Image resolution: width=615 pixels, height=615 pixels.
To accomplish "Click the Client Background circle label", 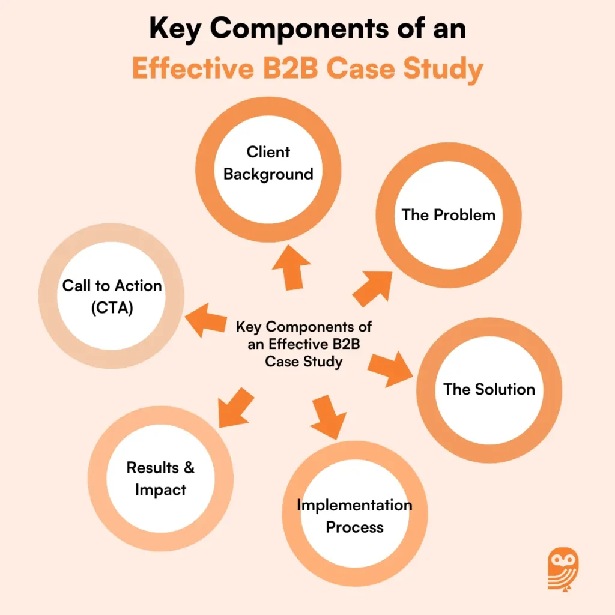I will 268,163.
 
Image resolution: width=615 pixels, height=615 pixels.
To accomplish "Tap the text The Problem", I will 449,215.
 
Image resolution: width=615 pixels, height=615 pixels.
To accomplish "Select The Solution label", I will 489,389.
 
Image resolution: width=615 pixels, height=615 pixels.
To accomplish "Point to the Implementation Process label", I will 354,516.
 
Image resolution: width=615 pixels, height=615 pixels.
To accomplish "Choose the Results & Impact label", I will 160,479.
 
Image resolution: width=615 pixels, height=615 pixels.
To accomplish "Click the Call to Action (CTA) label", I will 112,296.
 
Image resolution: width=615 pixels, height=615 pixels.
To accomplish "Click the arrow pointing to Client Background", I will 291,267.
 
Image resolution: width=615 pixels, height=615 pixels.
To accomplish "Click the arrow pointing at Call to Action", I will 207,319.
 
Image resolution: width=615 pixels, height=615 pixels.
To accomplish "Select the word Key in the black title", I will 176,29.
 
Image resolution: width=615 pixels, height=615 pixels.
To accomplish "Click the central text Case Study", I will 304,362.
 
